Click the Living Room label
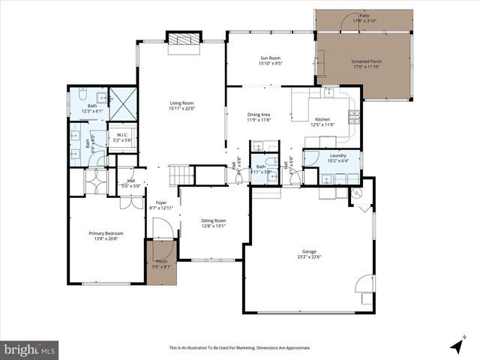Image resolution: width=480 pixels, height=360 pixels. [x=181, y=103]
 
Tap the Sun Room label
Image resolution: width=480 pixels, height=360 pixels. [x=271, y=58]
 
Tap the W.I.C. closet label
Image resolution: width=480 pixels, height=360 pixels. [x=121, y=136]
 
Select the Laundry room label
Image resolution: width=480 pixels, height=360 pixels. [x=338, y=155]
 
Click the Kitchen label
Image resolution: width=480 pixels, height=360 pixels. [x=322, y=119]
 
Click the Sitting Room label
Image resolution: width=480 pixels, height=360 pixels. [x=213, y=220]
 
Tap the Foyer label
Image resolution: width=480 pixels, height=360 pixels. [x=161, y=202]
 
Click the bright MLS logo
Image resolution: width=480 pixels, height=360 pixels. [x=31, y=349]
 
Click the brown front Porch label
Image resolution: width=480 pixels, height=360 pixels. [x=160, y=263]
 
